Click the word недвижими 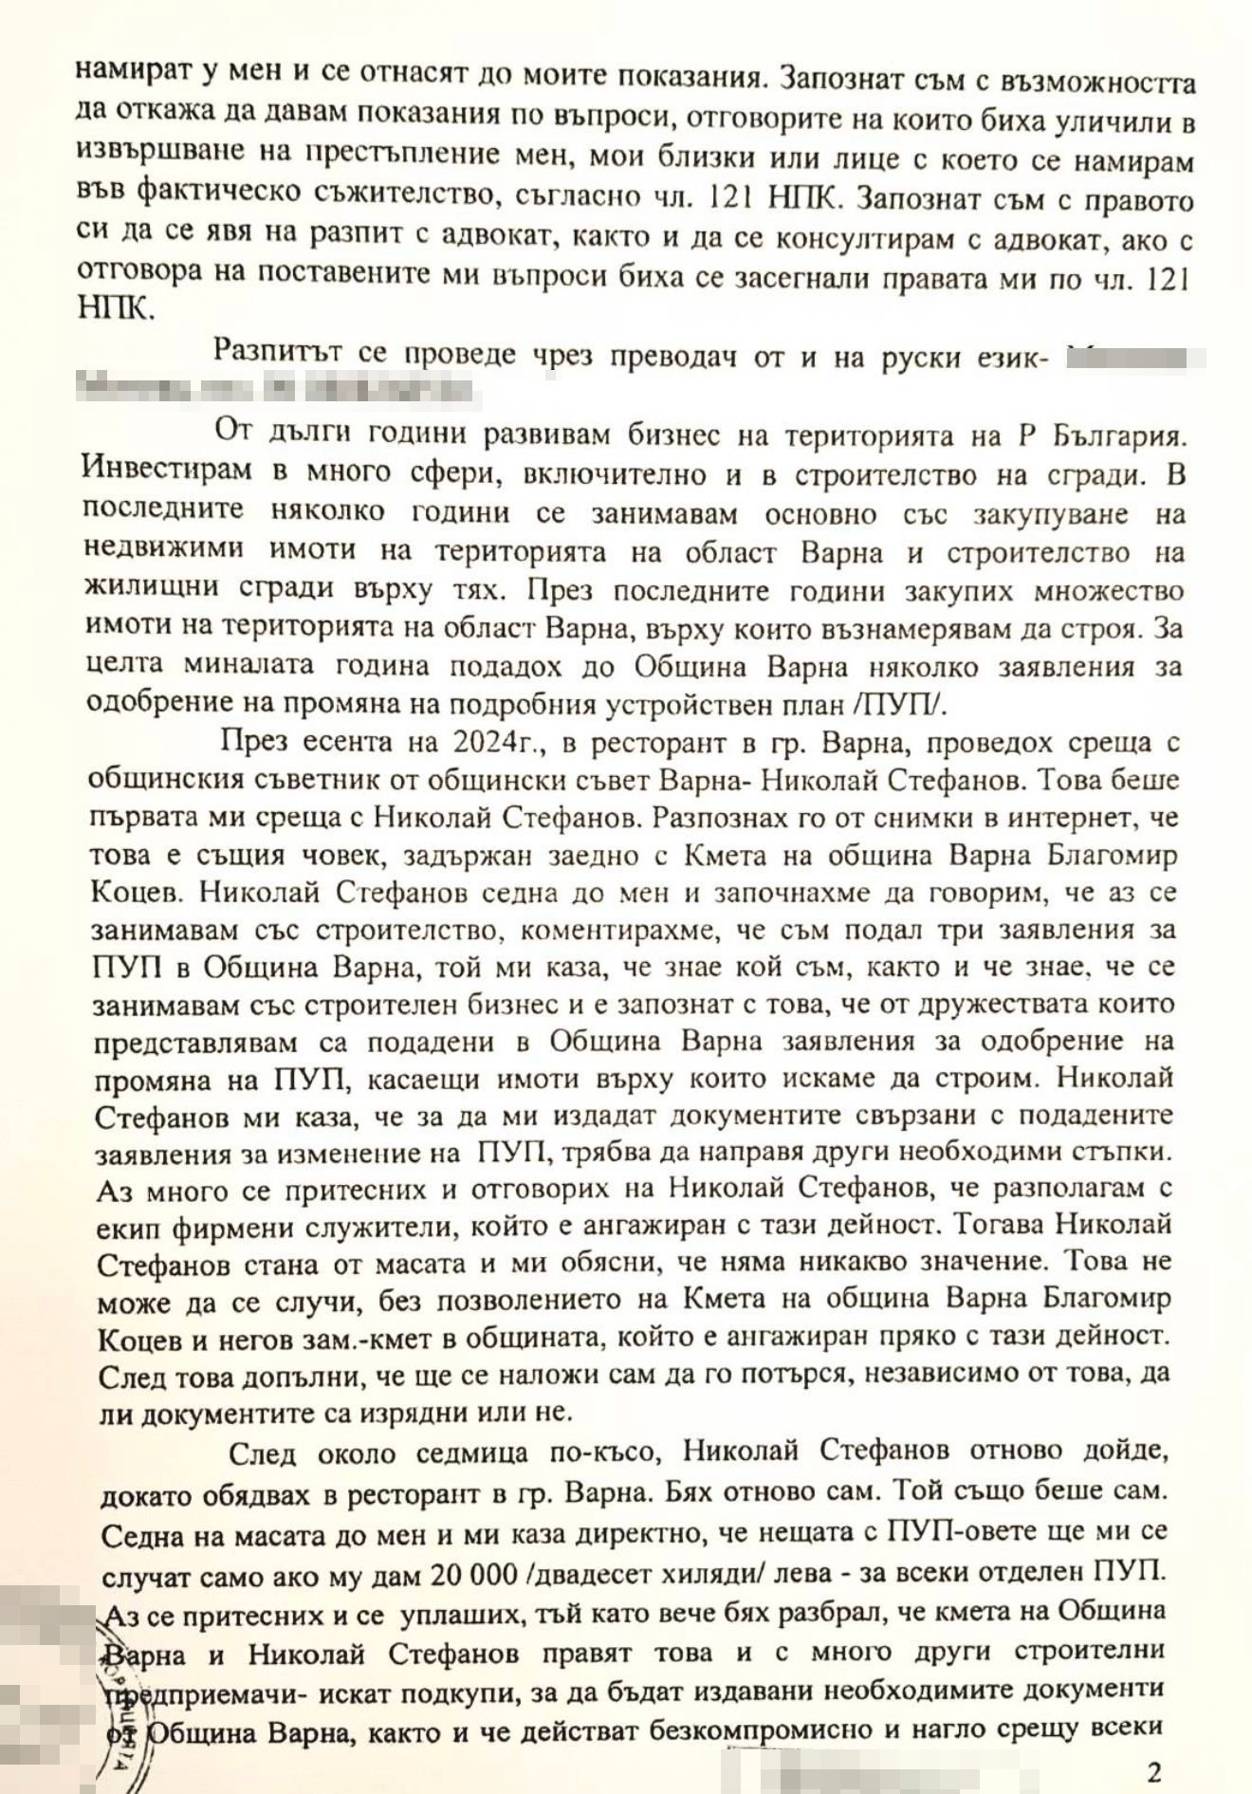(162, 551)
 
